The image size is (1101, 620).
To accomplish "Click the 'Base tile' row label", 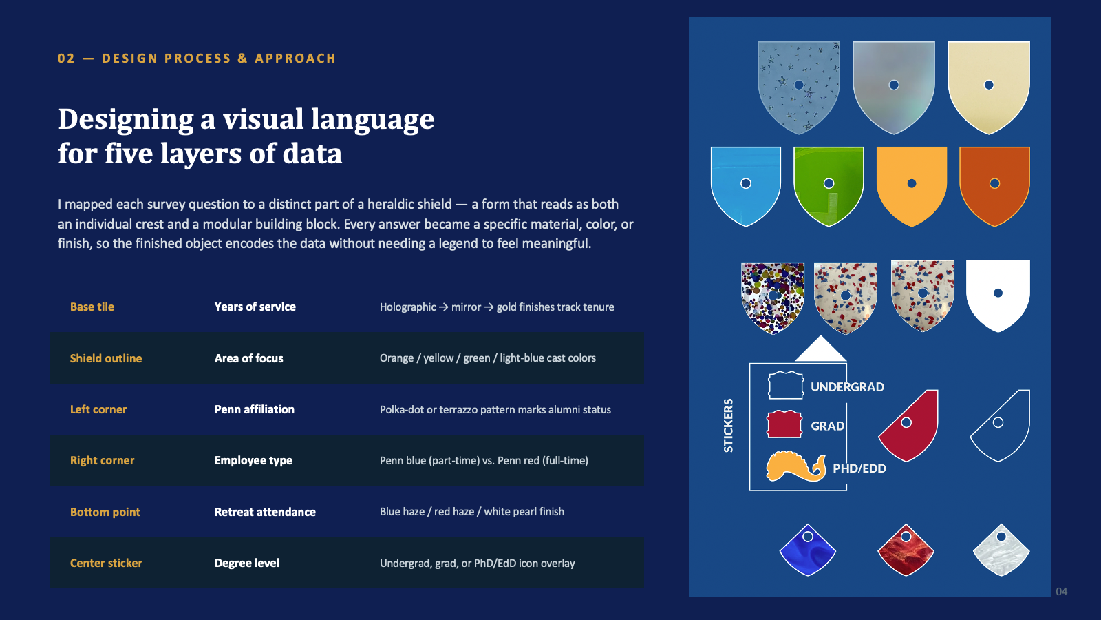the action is coord(92,307).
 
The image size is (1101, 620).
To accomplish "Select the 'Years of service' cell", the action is coord(255,307).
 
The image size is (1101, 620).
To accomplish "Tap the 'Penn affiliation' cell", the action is coord(255,409).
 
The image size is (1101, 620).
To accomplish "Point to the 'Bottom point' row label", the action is coord(105,512).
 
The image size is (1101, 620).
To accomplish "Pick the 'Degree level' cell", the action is coord(247,563).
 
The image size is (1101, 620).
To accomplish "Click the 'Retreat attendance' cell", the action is coord(265,512).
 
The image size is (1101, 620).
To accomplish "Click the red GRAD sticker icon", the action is coord(784,424).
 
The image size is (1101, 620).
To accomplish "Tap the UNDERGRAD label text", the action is coord(847,386).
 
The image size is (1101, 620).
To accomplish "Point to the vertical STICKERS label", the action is coord(729,426).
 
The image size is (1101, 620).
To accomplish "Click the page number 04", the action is coord(1062,592).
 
